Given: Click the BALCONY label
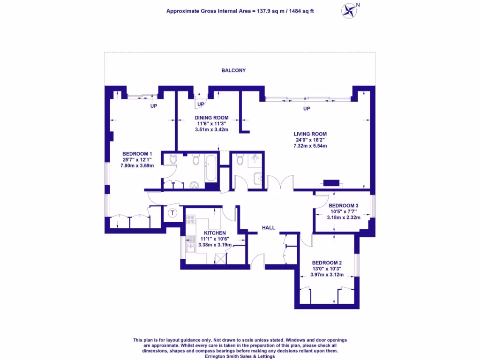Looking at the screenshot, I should click(233, 70).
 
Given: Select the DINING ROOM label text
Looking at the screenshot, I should click(212, 118).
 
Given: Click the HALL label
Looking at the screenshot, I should click(268, 228).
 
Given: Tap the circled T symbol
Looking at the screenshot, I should click(172, 213).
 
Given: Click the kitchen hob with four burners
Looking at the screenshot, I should click(191, 219).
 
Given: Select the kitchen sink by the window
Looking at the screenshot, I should click(190, 245).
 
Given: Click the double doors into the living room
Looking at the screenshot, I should click(280, 183).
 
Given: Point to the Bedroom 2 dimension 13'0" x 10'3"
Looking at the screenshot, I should click(327, 269).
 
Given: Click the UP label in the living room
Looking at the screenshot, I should click(307, 109).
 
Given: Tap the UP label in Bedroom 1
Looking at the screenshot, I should click(153, 106).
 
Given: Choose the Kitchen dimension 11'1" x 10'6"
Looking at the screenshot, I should click(215, 239).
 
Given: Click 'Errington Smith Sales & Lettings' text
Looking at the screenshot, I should click(240, 356).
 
